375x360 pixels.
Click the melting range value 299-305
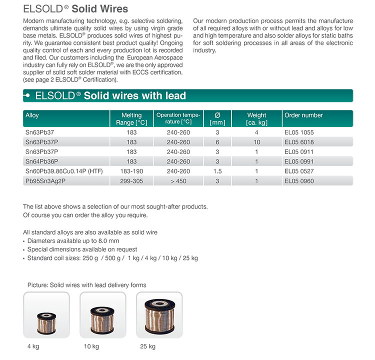131,180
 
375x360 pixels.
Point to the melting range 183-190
131,171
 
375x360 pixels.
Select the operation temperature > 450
178,180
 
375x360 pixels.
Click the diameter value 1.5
217,171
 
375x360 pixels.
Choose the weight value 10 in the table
256,142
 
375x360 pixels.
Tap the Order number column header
303,115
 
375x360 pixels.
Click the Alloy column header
32,115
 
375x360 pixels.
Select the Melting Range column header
131,119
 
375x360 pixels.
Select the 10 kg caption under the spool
91,346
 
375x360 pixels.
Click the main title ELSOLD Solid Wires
75,9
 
